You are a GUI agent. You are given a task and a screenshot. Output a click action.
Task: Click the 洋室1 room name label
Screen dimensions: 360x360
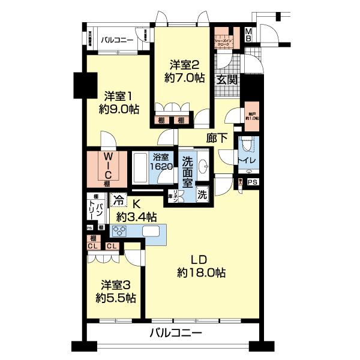pyautogui.click(x=119, y=95)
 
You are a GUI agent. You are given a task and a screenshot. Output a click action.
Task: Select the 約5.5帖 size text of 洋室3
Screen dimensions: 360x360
pyautogui.click(x=118, y=298)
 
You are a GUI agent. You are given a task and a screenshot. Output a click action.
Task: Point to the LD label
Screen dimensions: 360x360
pyautogui.click(x=199, y=259)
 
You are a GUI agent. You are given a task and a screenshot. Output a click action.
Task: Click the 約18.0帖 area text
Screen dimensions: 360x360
pyautogui.click(x=201, y=273)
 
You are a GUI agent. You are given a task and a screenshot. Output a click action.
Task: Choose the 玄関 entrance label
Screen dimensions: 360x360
pyautogui.click(x=227, y=79)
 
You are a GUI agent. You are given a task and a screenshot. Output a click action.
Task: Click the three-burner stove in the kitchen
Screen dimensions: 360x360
pyautogui.click(x=120, y=232)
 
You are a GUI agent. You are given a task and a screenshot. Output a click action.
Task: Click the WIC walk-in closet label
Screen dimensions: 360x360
pyautogui.click(x=106, y=169)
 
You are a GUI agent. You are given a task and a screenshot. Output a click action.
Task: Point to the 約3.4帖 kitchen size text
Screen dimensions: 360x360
pyautogui.click(x=136, y=217)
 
